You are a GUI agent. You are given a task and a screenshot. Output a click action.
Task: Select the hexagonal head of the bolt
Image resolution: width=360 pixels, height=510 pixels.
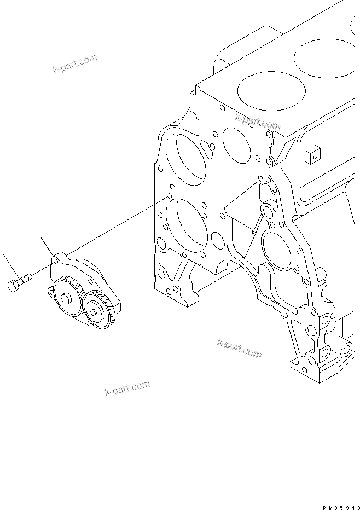[x=14, y=286]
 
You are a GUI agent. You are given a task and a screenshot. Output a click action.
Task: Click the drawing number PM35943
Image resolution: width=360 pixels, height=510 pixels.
[x=340, y=506]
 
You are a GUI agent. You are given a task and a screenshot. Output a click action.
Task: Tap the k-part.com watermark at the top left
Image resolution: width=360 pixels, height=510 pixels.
[x=74, y=63]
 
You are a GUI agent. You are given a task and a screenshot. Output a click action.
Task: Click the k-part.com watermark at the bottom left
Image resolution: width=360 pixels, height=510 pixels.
[x=126, y=388]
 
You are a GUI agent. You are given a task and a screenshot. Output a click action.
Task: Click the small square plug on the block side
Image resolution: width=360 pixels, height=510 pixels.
[x=314, y=156]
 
